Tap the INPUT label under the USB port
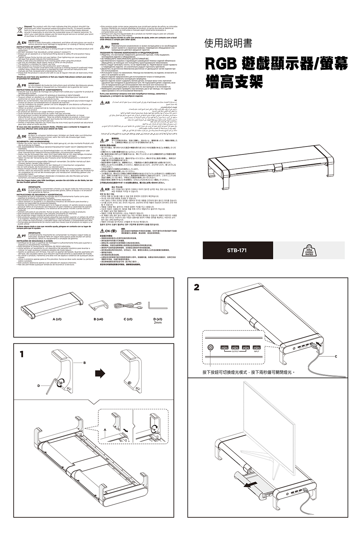point(257,352)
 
